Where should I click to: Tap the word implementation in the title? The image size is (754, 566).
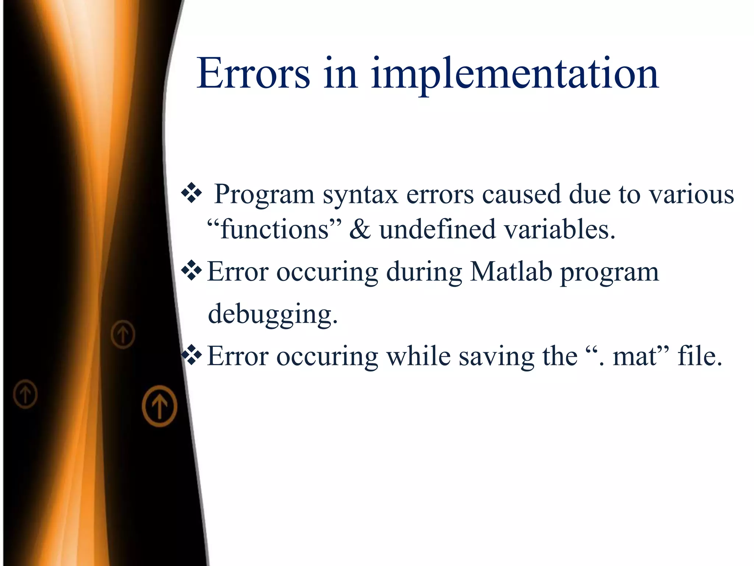pyautogui.click(x=515, y=76)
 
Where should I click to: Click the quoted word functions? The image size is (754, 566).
pyautogui.click(x=274, y=230)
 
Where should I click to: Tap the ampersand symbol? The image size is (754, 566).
pyautogui.click(x=360, y=230)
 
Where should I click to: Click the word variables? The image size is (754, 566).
pyautogui.click(x=559, y=230)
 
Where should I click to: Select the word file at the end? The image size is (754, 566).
pyautogui.click(x=700, y=357)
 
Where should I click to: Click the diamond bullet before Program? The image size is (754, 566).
pyautogui.click(x=191, y=193)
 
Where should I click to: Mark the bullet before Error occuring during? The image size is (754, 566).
pyautogui.click(x=191, y=271)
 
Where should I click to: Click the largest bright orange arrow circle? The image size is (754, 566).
pyautogui.click(x=159, y=406)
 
